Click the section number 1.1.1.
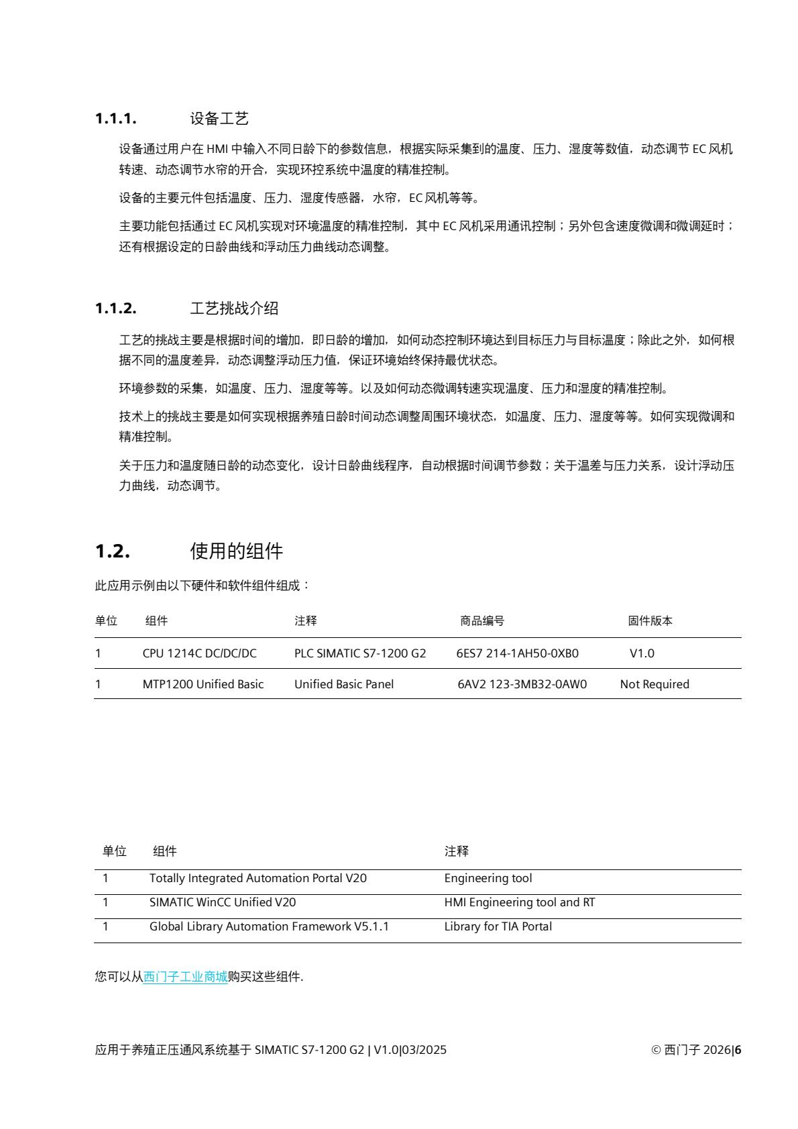(116, 119)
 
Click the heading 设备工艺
(219, 119)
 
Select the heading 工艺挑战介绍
(234, 309)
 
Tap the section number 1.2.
(112, 552)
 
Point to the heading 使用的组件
(237, 552)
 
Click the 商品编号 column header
(482, 621)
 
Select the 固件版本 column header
(650, 621)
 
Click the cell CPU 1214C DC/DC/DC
(199, 653)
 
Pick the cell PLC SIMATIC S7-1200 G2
(360, 653)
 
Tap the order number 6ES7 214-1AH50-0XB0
(517, 653)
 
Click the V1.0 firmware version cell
(642, 653)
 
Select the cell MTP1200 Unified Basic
(203, 684)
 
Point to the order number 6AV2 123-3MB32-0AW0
(522, 684)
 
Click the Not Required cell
(654, 684)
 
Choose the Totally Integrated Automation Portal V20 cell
(258, 878)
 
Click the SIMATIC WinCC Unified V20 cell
(223, 902)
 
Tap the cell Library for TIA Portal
(498, 926)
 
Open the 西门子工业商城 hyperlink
(186, 977)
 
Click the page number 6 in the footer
(738, 1050)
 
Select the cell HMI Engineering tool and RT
(520, 902)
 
